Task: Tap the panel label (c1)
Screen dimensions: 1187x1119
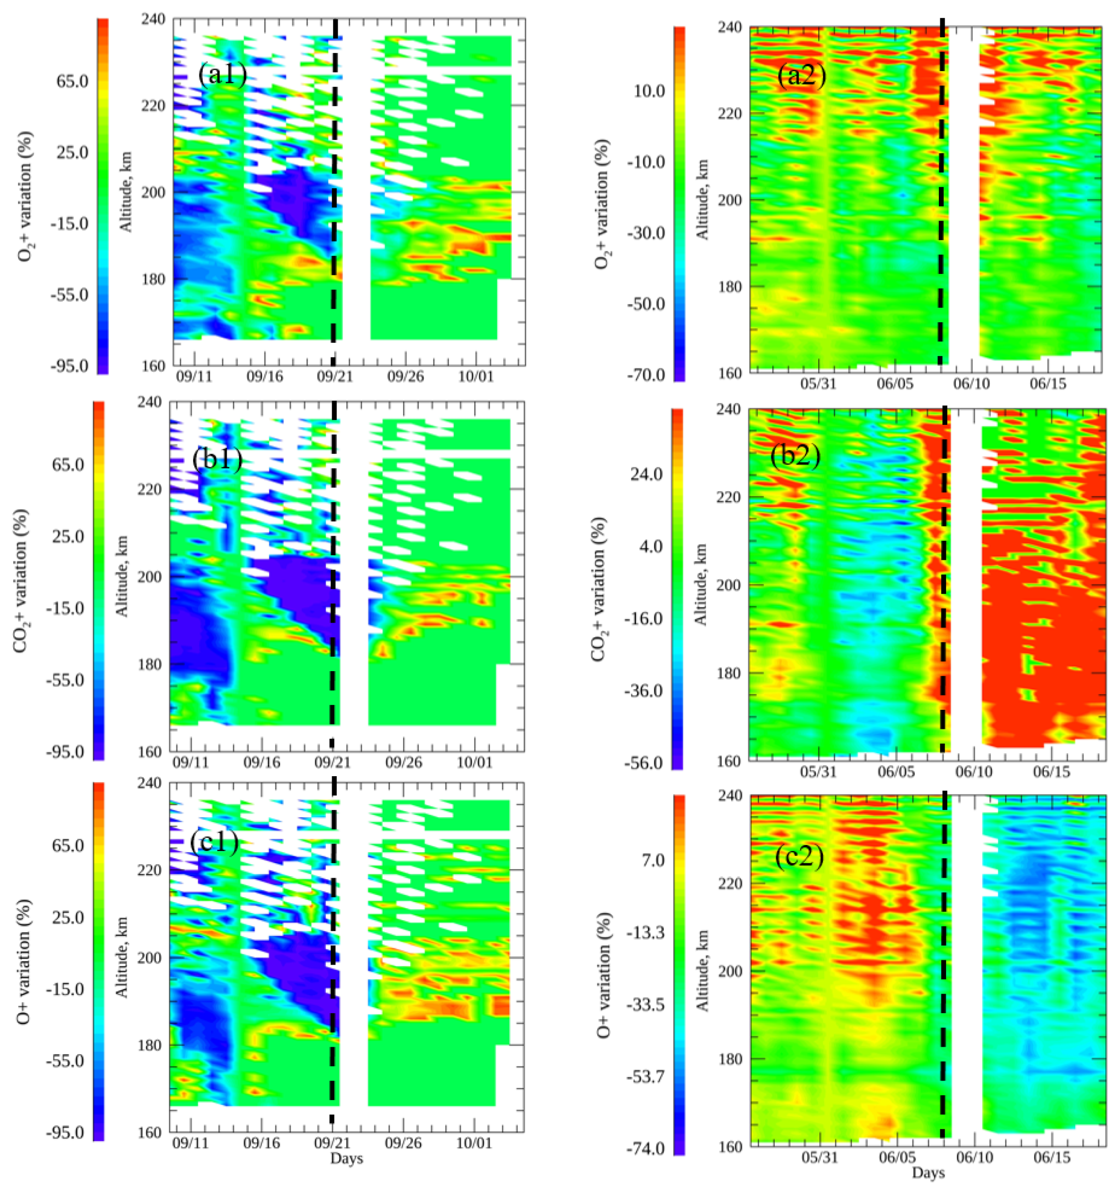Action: click(x=214, y=841)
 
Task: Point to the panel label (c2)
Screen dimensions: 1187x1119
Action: click(x=799, y=857)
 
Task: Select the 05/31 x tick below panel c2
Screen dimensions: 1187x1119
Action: click(x=819, y=1158)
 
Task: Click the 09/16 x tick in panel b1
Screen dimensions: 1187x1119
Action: click(x=263, y=762)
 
